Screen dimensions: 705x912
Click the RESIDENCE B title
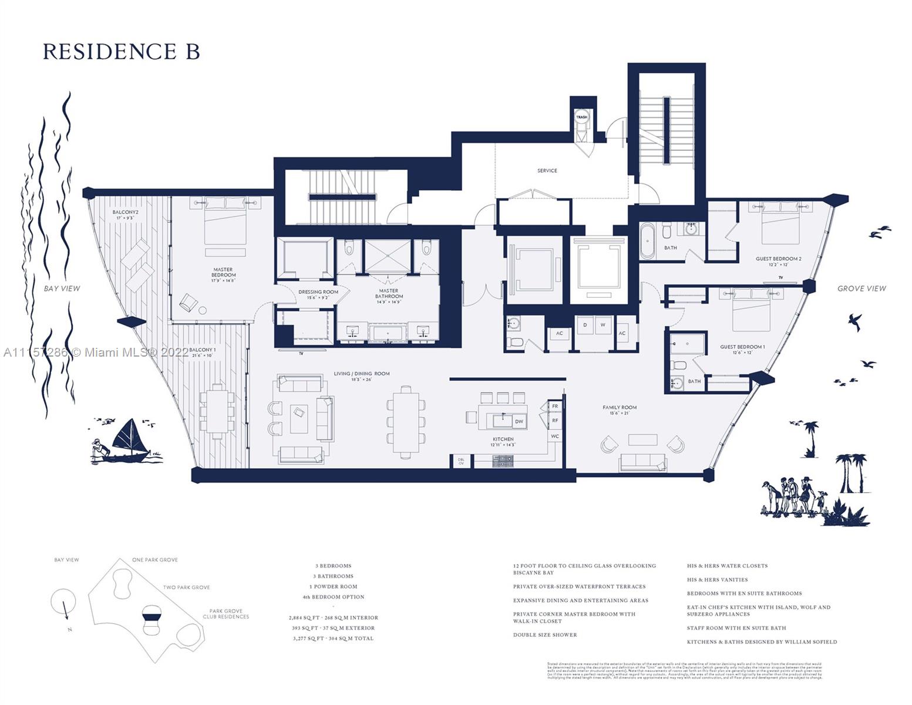point(121,52)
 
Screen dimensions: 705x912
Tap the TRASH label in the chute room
point(581,117)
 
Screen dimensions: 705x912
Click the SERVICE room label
point(547,171)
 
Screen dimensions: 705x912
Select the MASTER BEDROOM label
point(223,272)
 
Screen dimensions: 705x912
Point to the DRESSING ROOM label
point(318,292)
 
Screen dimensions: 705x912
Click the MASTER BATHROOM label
point(388,293)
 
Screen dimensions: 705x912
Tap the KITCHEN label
point(503,439)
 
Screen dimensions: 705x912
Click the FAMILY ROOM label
point(620,407)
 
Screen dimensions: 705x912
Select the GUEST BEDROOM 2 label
point(778,259)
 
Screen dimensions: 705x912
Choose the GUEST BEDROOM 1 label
point(742,347)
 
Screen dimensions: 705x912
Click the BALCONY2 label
point(125,212)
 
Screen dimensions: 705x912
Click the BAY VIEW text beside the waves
point(62,288)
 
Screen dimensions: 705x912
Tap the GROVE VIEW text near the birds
point(861,288)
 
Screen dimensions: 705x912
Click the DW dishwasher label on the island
point(519,422)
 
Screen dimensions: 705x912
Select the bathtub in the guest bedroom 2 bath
point(647,241)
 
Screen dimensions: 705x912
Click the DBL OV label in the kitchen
point(461,461)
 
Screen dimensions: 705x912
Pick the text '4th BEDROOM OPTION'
point(333,597)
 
